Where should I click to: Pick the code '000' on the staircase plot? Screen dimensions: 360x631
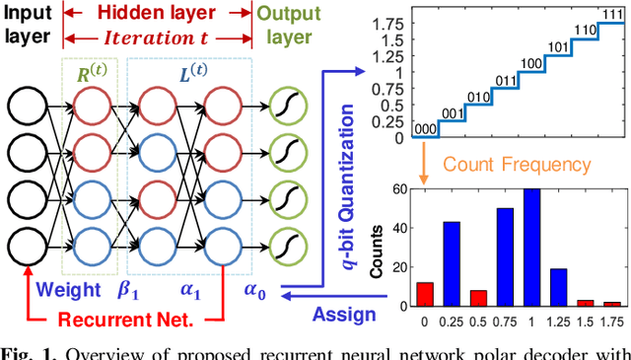[427, 128]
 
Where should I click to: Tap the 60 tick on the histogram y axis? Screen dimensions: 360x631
[402, 189]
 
